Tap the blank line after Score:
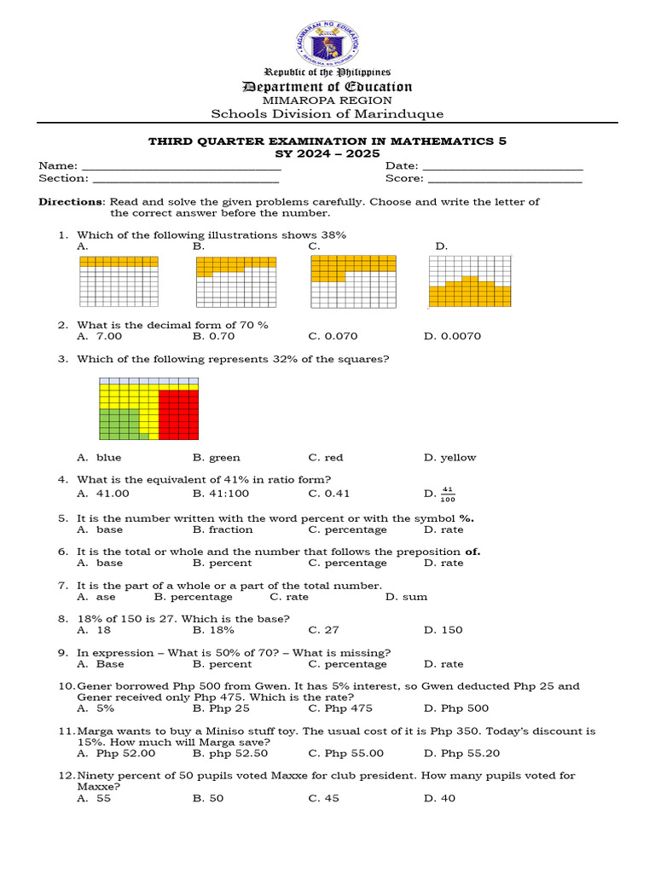coord(504,181)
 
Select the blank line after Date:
coord(502,168)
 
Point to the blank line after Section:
coord(185,181)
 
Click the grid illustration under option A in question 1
coord(119,280)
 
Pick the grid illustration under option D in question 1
coord(469,280)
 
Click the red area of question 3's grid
coord(178,413)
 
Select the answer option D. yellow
coord(450,458)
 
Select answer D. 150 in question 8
coord(443,630)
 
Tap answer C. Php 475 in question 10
coord(340,708)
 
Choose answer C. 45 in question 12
coord(325,799)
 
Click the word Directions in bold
coord(70,202)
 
